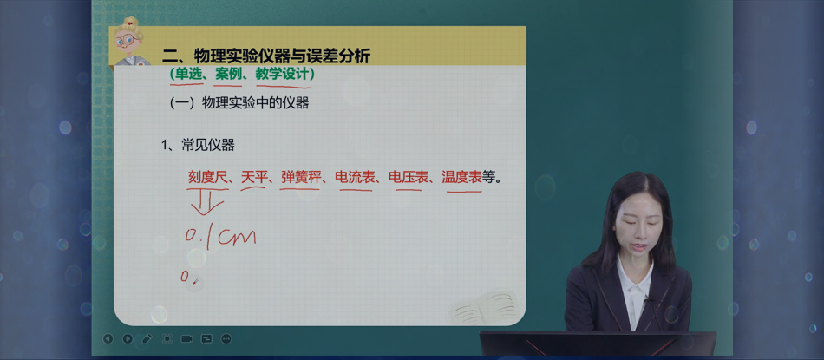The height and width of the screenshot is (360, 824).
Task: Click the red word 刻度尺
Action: click(x=207, y=178)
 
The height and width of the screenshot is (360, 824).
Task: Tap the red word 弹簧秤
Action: click(x=300, y=178)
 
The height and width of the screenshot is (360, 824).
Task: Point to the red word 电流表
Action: click(x=356, y=178)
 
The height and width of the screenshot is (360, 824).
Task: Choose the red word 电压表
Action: click(x=409, y=178)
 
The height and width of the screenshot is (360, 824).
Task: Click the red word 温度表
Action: click(x=462, y=178)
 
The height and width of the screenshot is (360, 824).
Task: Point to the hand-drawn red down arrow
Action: click(x=207, y=202)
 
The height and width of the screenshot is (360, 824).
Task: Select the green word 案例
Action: click(x=228, y=75)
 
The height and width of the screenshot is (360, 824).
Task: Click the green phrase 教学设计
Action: click(x=282, y=75)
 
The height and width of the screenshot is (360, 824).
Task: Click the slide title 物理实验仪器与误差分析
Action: click(x=283, y=56)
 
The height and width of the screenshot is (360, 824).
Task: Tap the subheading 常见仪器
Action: click(x=207, y=146)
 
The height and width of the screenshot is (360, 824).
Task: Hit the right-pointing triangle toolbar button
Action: click(x=128, y=339)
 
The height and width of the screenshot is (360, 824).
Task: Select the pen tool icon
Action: click(x=147, y=339)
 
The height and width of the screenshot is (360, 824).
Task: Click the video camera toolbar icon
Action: click(x=186, y=339)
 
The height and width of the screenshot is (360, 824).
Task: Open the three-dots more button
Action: click(x=226, y=339)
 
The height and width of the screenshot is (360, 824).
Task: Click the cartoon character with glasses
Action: click(x=128, y=42)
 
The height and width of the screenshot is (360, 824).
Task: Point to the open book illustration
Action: click(x=485, y=307)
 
